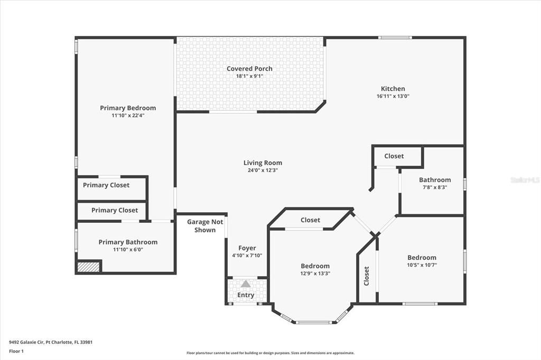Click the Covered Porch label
(x=249, y=69)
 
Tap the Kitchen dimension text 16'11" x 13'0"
(x=393, y=97)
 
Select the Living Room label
(x=263, y=163)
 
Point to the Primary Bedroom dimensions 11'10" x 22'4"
(x=128, y=115)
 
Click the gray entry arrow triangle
(x=246, y=284)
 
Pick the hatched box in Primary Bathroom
(x=89, y=267)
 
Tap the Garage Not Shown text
(x=201, y=226)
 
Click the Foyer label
(x=247, y=248)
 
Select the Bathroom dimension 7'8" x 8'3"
(x=435, y=187)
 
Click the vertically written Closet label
(x=367, y=276)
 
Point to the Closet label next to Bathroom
(x=394, y=156)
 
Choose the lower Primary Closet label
(x=115, y=210)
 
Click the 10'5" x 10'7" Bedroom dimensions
(x=422, y=265)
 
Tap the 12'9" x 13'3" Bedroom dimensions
(x=315, y=273)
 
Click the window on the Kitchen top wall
(x=395, y=37)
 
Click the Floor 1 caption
(x=16, y=350)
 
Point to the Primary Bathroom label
(x=128, y=242)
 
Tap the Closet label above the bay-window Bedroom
(x=310, y=220)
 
